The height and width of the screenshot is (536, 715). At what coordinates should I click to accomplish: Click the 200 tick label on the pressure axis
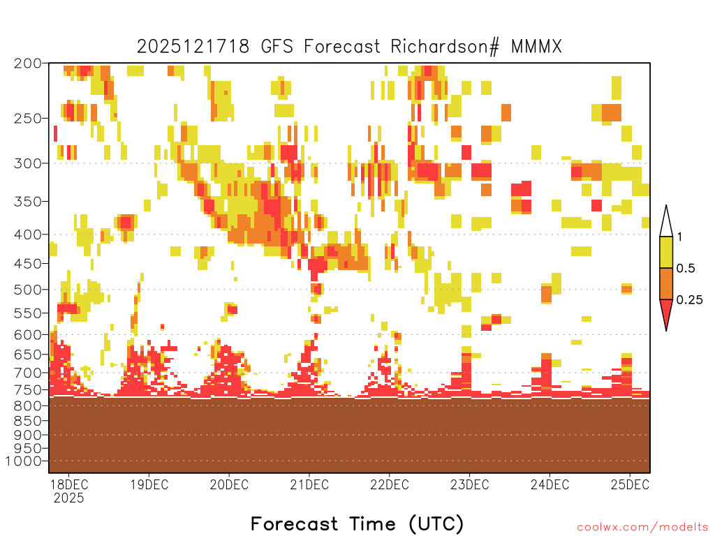pos(27,64)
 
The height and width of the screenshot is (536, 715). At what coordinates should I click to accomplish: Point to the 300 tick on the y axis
pos(27,163)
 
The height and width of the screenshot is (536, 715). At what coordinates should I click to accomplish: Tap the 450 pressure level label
pos(27,263)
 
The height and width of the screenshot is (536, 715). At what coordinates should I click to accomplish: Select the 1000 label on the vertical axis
pos(23,461)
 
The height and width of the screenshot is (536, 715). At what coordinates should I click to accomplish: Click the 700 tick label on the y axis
pos(27,373)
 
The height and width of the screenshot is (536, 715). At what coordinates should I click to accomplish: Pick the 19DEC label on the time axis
pos(149,484)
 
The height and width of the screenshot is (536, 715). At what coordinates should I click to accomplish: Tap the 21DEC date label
pos(309,484)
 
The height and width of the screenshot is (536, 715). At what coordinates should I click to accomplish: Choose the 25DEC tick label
pos(630,484)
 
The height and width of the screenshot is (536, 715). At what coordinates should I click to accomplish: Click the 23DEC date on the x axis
pos(470,484)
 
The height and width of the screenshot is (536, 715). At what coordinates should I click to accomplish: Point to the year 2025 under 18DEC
pos(69,498)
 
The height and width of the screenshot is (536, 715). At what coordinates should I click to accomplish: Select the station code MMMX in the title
pos(536,47)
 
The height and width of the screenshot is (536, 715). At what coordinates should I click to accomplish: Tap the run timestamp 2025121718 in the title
pos(193,47)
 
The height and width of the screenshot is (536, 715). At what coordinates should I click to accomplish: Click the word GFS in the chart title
pos(277,47)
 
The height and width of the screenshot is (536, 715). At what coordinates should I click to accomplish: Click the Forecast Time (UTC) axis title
pos(357,523)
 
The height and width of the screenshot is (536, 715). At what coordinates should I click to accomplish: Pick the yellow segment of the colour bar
pos(666,252)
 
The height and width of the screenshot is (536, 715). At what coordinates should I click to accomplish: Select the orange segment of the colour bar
pos(666,283)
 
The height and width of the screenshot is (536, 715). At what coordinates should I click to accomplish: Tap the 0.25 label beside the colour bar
pos(689,300)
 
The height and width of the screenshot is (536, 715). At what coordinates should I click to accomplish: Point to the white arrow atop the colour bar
pos(666,221)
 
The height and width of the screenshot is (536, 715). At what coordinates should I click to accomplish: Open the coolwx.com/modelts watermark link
pos(643,528)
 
